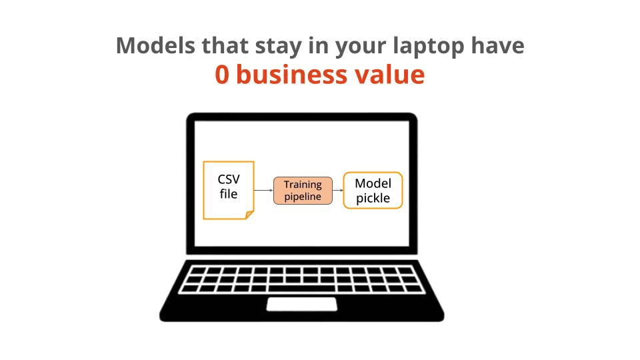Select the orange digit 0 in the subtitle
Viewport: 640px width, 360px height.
point(222,75)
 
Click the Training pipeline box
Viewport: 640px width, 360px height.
point(303,191)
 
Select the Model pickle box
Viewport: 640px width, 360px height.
point(373,191)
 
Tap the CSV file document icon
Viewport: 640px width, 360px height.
point(228,190)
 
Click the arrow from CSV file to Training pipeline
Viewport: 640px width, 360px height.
point(264,191)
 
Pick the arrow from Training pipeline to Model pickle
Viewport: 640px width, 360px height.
point(337,191)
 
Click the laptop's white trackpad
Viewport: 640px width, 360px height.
point(302,304)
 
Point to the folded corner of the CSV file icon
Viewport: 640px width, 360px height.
point(249,215)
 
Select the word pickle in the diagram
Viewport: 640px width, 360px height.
point(373,198)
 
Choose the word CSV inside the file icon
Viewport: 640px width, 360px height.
point(228,180)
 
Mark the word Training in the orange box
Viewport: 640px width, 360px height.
point(303,185)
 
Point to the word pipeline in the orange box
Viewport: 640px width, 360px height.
point(303,197)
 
